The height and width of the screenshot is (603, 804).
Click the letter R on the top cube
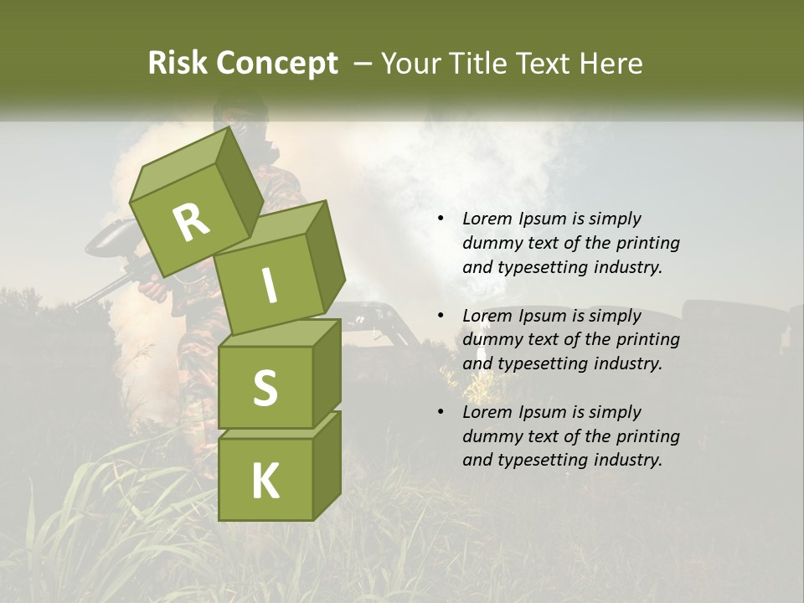(x=191, y=223)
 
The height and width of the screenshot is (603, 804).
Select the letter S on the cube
(x=265, y=388)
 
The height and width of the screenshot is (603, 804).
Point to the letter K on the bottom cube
(x=265, y=482)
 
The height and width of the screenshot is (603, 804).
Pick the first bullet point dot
(x=441, y=219)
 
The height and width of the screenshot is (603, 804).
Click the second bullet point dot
(x=441, y=316)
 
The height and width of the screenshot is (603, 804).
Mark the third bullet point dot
(x=441, y=412)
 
